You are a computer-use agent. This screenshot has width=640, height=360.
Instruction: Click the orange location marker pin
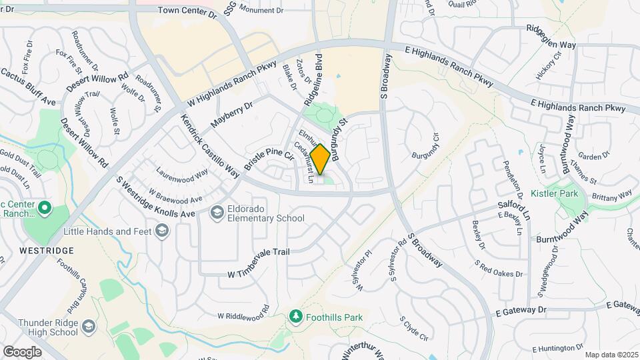point(320,159)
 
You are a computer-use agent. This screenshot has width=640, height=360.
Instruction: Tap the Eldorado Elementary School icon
point(217,213)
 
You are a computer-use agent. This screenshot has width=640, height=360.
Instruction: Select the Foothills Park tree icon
point(297,317)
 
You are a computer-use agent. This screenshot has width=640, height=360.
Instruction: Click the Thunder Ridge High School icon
point(89,327)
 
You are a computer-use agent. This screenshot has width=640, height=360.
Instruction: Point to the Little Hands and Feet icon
point(161,231)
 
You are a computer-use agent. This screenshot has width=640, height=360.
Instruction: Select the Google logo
point(22,351)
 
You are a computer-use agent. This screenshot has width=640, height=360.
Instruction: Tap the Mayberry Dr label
point(232,115)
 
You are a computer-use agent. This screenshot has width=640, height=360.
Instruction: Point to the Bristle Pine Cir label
point(269,159)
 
